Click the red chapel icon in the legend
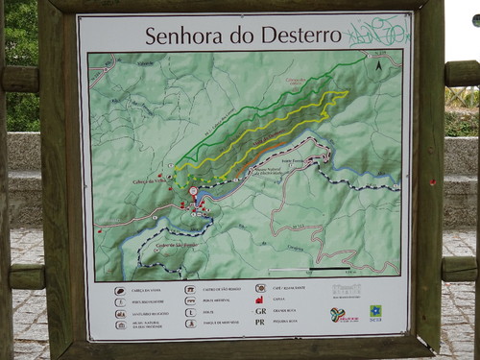tap(260, 300)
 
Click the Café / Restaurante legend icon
tap(260, 287)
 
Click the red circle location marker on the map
tap(193, 191)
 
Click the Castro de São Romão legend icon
tap(191, 289)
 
